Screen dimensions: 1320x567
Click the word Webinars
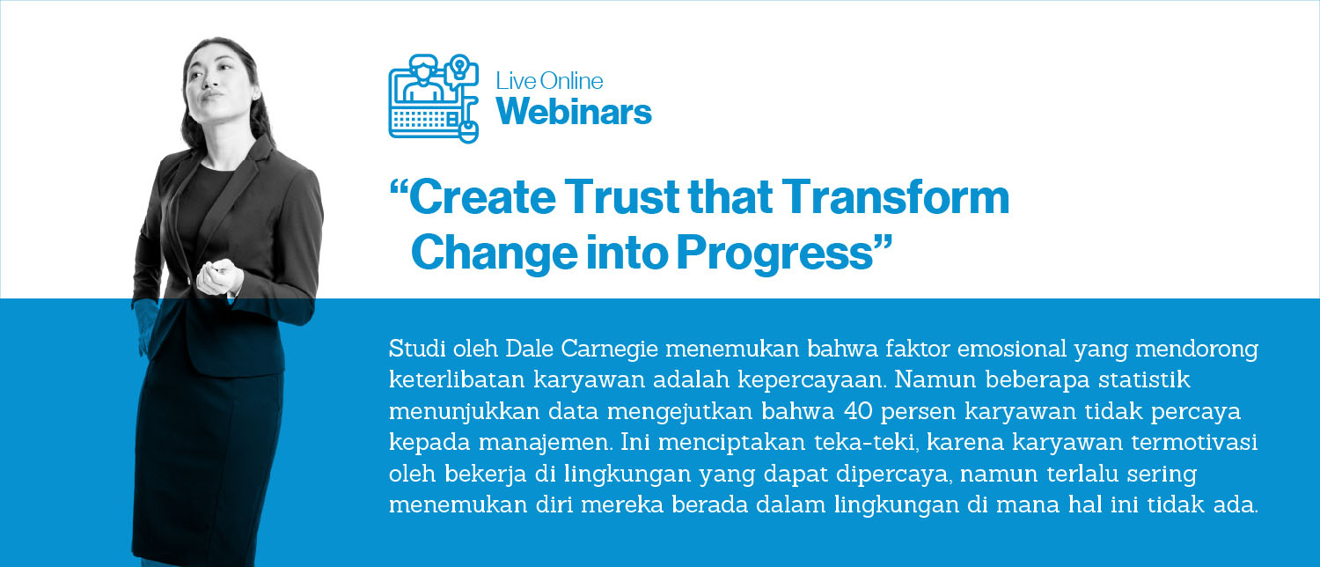click(574, 112)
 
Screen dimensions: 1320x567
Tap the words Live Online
click(549, 81)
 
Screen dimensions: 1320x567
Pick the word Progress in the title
click(774, 254)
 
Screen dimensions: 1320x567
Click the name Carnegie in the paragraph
click(609, 350)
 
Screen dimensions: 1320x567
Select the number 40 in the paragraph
click(857, 411)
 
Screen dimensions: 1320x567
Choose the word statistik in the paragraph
click(1144, 379)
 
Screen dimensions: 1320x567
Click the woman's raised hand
click(218, 277)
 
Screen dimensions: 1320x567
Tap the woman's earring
click(256, 95)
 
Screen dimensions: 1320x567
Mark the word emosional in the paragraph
click(1012, 349)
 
